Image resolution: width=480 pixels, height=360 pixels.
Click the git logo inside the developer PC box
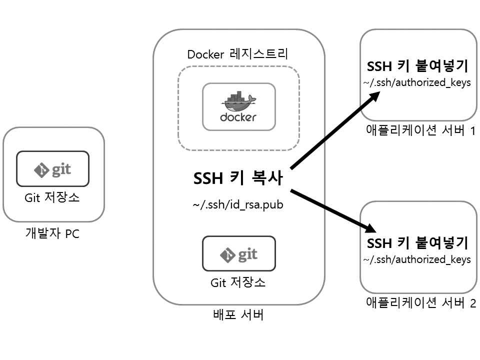coord(53,169)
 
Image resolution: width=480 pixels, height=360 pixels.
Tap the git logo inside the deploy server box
coord(238,254)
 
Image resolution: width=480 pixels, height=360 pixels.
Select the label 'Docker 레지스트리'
coord(238,54)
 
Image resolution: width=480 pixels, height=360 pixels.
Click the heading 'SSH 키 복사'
coord(238,179)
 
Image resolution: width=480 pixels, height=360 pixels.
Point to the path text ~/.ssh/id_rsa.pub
coord(238,205)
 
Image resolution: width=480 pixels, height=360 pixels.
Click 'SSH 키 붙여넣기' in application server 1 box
coord(417,67)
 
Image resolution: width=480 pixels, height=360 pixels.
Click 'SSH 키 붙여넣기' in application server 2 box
coord(417,243)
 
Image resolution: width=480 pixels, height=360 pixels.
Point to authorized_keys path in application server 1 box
coord(417,82)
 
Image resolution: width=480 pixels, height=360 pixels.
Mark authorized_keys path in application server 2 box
coord(417,259)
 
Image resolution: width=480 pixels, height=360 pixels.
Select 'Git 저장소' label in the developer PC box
coord(52,197)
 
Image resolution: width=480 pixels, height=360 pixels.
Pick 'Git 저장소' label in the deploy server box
coord(238,282)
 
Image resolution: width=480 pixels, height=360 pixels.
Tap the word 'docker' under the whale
coord(238,117)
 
